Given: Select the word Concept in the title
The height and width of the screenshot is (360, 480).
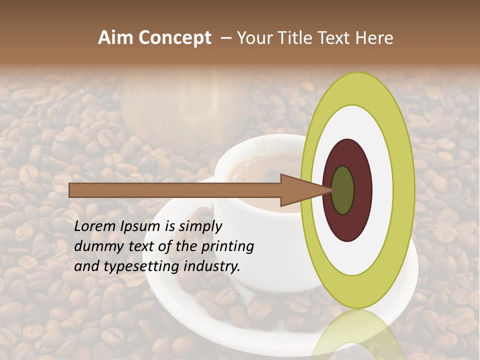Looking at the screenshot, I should [174, 38].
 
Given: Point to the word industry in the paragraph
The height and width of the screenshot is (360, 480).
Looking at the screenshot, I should [211, 266].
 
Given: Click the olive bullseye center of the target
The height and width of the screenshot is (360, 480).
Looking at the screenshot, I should [342, 190].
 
